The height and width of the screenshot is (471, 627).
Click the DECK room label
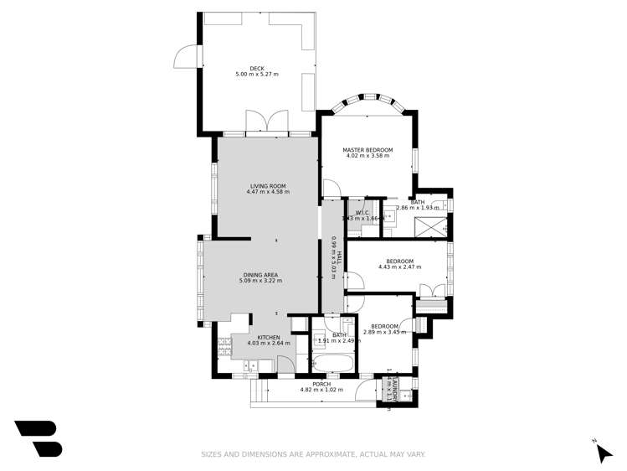point(257,69)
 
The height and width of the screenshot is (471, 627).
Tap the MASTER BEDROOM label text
point(367,150)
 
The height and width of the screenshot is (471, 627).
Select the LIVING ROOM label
point(268,186)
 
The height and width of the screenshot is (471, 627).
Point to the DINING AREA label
point(260,275)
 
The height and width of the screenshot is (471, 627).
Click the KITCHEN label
point(269,337)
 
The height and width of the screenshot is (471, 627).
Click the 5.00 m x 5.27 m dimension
point(257,75)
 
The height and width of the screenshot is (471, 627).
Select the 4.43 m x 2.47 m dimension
point(399,267)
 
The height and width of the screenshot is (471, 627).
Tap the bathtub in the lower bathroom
point(332,364)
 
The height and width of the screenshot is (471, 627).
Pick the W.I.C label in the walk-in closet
point(362,213)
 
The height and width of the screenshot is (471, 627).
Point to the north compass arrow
point(603,452)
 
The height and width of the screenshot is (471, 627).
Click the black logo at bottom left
point(39,438)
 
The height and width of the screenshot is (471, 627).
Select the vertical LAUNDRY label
point(390,387)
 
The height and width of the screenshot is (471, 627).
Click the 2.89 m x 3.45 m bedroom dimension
point(384,332)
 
